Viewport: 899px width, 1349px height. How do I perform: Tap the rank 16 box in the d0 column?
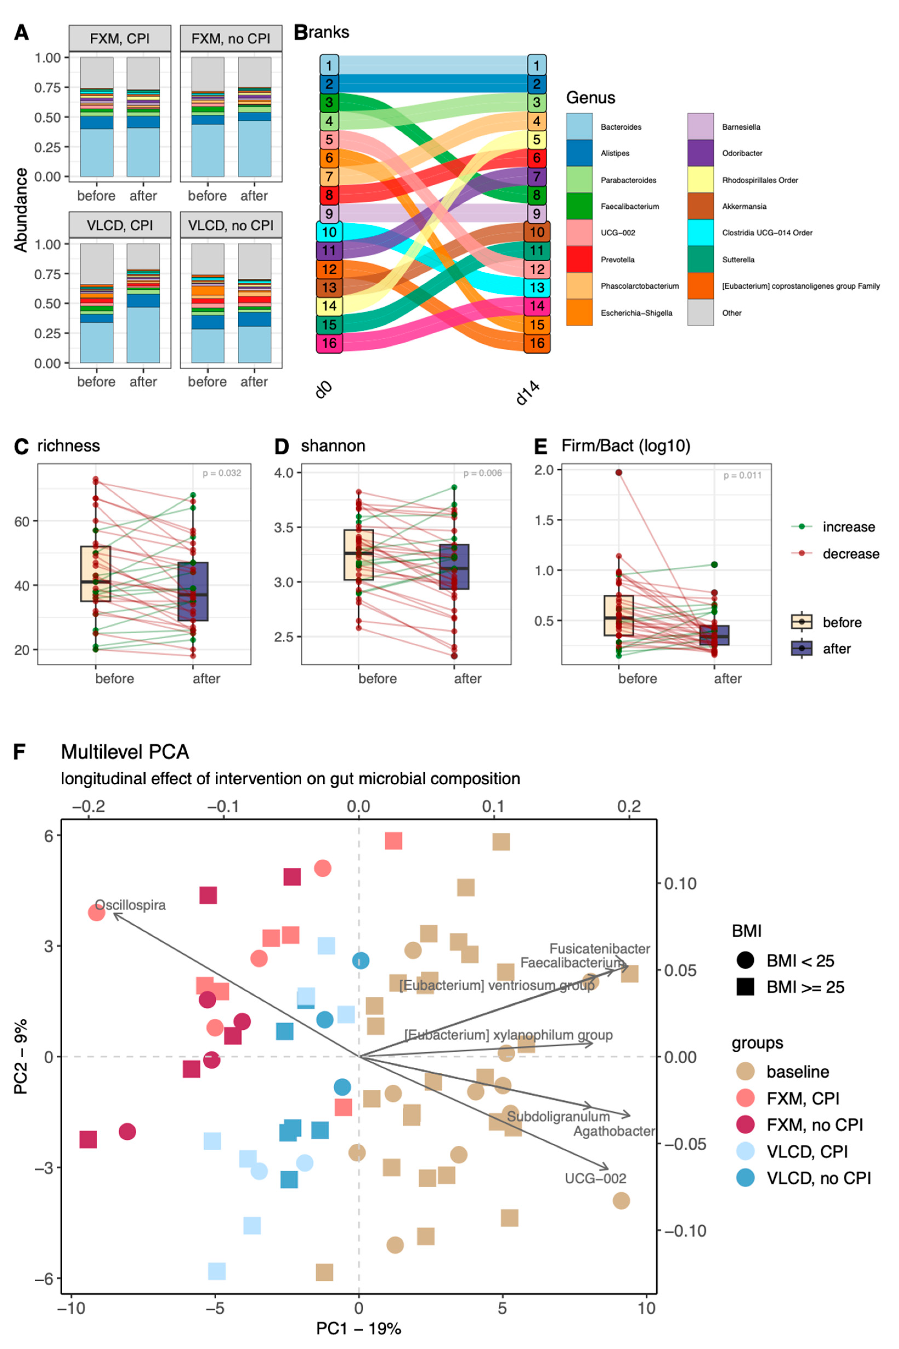329,343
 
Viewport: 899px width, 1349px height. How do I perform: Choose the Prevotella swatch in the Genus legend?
579,259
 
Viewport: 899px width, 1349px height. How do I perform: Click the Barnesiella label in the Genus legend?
741,127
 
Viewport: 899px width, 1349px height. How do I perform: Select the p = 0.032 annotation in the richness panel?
221,473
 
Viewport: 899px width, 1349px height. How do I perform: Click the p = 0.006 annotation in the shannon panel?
482,473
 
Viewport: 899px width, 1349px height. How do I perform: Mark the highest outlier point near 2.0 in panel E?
619,472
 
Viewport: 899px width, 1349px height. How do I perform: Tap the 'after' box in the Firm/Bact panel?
714,635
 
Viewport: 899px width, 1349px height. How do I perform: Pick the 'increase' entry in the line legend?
849,527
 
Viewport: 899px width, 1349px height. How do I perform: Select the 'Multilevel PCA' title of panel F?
125,752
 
